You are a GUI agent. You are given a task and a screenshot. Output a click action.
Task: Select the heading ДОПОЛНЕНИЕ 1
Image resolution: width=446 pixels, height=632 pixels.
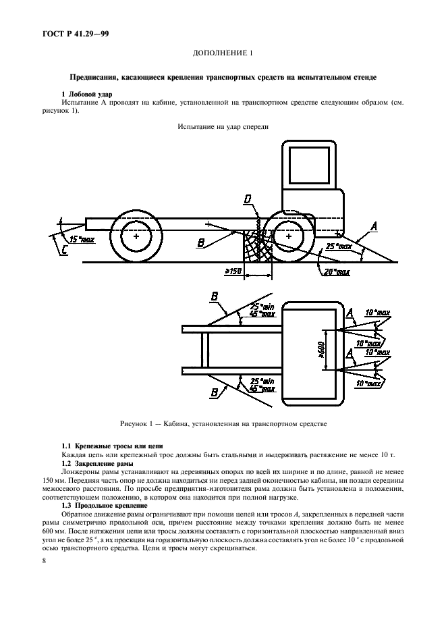pyautogui.click(x=222, y=53)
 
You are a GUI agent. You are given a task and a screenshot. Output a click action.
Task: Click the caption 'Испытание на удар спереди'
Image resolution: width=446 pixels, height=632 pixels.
pyautogui.click(x=223, y=126)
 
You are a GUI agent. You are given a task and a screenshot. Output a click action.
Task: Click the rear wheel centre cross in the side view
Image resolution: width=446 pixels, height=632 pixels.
pyautogui.click(x=137, y=237)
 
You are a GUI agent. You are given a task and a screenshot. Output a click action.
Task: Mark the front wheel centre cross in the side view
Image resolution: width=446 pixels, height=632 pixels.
pyautogui.click(x=289, y=237)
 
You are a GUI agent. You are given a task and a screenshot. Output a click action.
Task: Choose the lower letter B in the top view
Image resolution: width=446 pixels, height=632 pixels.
pyautogui.click(x=214, y=392)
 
